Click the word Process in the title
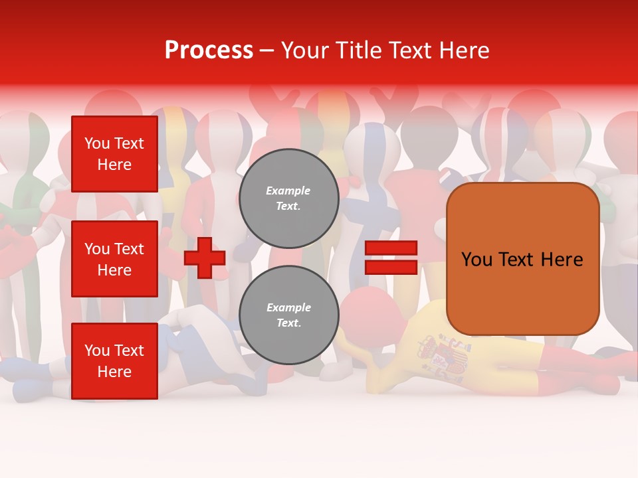[x=209, y=50]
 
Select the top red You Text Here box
[x=114, y=154]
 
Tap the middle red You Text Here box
[x=114, y=259]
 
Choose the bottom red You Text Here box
[x=114, y=361]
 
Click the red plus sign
[x=205, y=258]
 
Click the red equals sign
[x=391, y=258]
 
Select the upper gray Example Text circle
[x=288, y=198]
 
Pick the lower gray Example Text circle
[x=288, y=315]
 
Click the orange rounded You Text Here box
[x=522, y=259]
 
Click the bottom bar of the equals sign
[x=391, y=267]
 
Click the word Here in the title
[x=462, y=50]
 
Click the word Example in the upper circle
[x=288, y=191]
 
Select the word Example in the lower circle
[x=288, y=307]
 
